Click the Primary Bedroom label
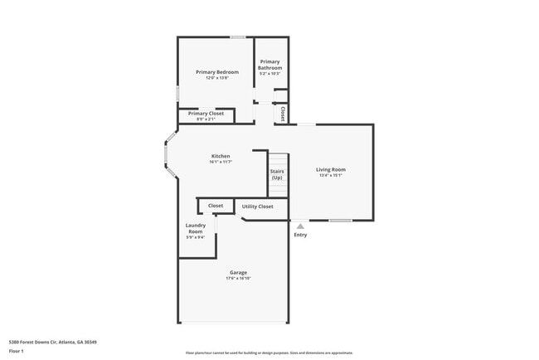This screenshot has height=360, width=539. click(211, 72)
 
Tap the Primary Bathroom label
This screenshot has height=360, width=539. click(270, 65)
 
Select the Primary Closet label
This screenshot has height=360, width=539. click(206, 113)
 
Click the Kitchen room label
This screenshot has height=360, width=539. click(221, 156)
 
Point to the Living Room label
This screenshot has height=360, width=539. click(331, 169)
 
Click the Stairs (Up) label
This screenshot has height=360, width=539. click(277, 174)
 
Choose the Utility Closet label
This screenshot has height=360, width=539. click(257, 206)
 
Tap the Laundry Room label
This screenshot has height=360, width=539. click(195, 228)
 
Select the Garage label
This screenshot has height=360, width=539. click(238, 272)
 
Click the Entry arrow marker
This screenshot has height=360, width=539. click(300, 225)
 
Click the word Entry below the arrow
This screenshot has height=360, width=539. click(300, 235)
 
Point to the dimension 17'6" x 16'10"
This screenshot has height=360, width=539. click(238, 279)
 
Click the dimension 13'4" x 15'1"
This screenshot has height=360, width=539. click(331, 175)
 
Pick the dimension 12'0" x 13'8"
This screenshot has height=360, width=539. click(211, 78)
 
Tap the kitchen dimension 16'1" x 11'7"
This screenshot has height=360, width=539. click(221, 163)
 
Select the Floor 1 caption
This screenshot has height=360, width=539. click(17, 351)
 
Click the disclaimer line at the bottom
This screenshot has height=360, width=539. click(269, 353)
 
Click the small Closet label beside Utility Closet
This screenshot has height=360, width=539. click(216, 205)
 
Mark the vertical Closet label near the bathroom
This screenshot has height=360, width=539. click(283, 113)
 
